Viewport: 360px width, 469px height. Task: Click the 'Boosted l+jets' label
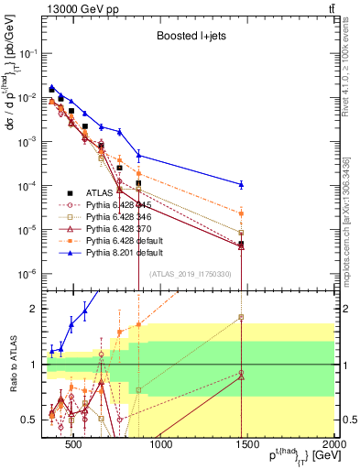click(184, 36)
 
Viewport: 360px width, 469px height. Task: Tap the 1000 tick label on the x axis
click(160, 446)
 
